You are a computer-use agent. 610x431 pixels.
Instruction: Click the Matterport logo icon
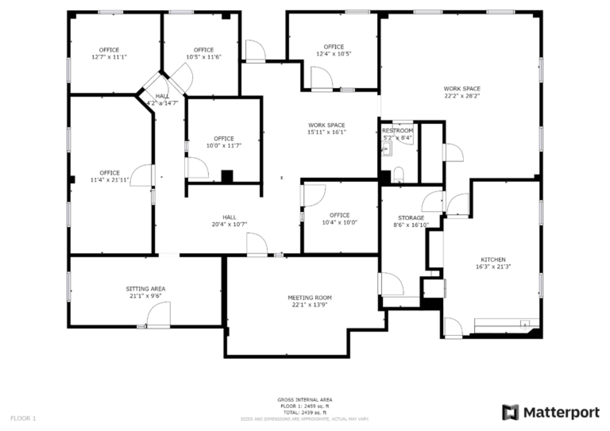click(x=510, y=412)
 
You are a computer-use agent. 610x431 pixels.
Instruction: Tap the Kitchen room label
click(x=493, y=260)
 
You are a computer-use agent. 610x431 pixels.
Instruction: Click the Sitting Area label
click(x=146, y=289)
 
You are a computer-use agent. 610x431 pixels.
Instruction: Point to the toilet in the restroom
click(x=398, y=175)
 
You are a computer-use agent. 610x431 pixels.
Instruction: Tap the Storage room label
click(x=411, y=218)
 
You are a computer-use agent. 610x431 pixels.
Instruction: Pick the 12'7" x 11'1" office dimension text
click(x=109, y=57)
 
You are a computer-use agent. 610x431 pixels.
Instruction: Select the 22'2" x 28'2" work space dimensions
click(x=462, y=96)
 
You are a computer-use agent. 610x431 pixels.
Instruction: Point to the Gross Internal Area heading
click(x=305, y=400)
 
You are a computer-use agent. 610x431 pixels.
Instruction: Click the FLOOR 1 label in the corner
click(x=23, y=419)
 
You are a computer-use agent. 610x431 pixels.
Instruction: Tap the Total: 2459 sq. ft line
click(x=305, y=412)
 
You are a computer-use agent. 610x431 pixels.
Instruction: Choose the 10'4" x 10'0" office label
click(x=340, y=219)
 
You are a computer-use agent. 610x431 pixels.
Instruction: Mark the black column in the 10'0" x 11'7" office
click(x=227, y=176)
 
